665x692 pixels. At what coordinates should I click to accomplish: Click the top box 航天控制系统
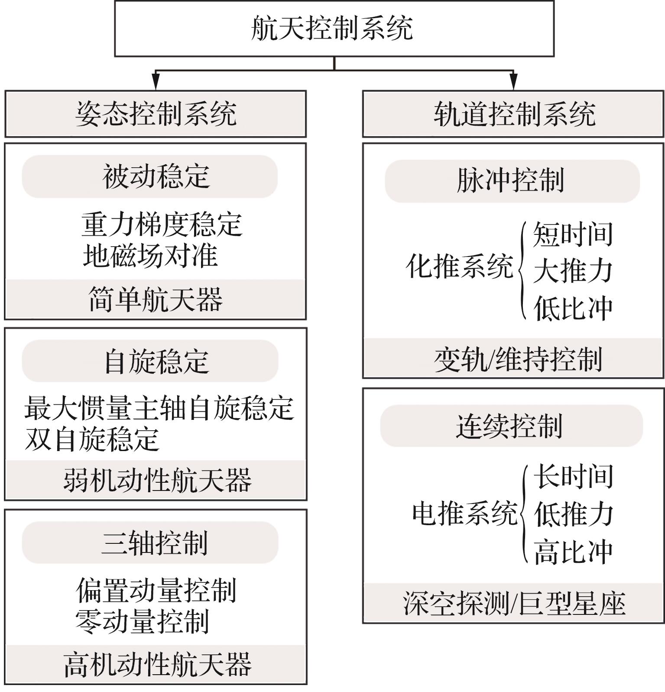click(x=334, y=29)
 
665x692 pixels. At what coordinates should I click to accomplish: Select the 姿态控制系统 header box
click(x=156, y=114)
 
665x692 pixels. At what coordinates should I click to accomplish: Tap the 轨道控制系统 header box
click(x=513, y=114)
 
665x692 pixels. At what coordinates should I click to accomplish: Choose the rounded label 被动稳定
click(x=150, y=176)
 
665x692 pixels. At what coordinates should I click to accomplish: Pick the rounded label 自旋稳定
click(x=150, y=361)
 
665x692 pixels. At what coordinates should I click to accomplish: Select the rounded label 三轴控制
click(x=150, y=543)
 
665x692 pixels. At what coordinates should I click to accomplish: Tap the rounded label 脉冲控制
click(x=512, y=181)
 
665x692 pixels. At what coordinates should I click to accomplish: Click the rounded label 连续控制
click(x=511, y=426)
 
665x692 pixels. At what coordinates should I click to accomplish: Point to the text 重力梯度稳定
click(x=162, y=224)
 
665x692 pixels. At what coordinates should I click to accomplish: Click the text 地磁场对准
click(x=150, y=256)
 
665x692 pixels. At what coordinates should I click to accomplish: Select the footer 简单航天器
click(x=156, y=299)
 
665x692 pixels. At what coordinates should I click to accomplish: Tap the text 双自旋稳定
click(x=92, y=439)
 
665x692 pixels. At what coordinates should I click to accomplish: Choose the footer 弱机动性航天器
click(x=157, y=480)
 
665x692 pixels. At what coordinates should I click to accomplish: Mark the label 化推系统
click(x=459, y=266)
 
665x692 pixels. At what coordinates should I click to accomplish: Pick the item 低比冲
click(x=573, y=308)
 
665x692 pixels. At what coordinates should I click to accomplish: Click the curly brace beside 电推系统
click(x=524, y=514)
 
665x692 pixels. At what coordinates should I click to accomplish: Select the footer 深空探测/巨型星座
click(x=514, y=603)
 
